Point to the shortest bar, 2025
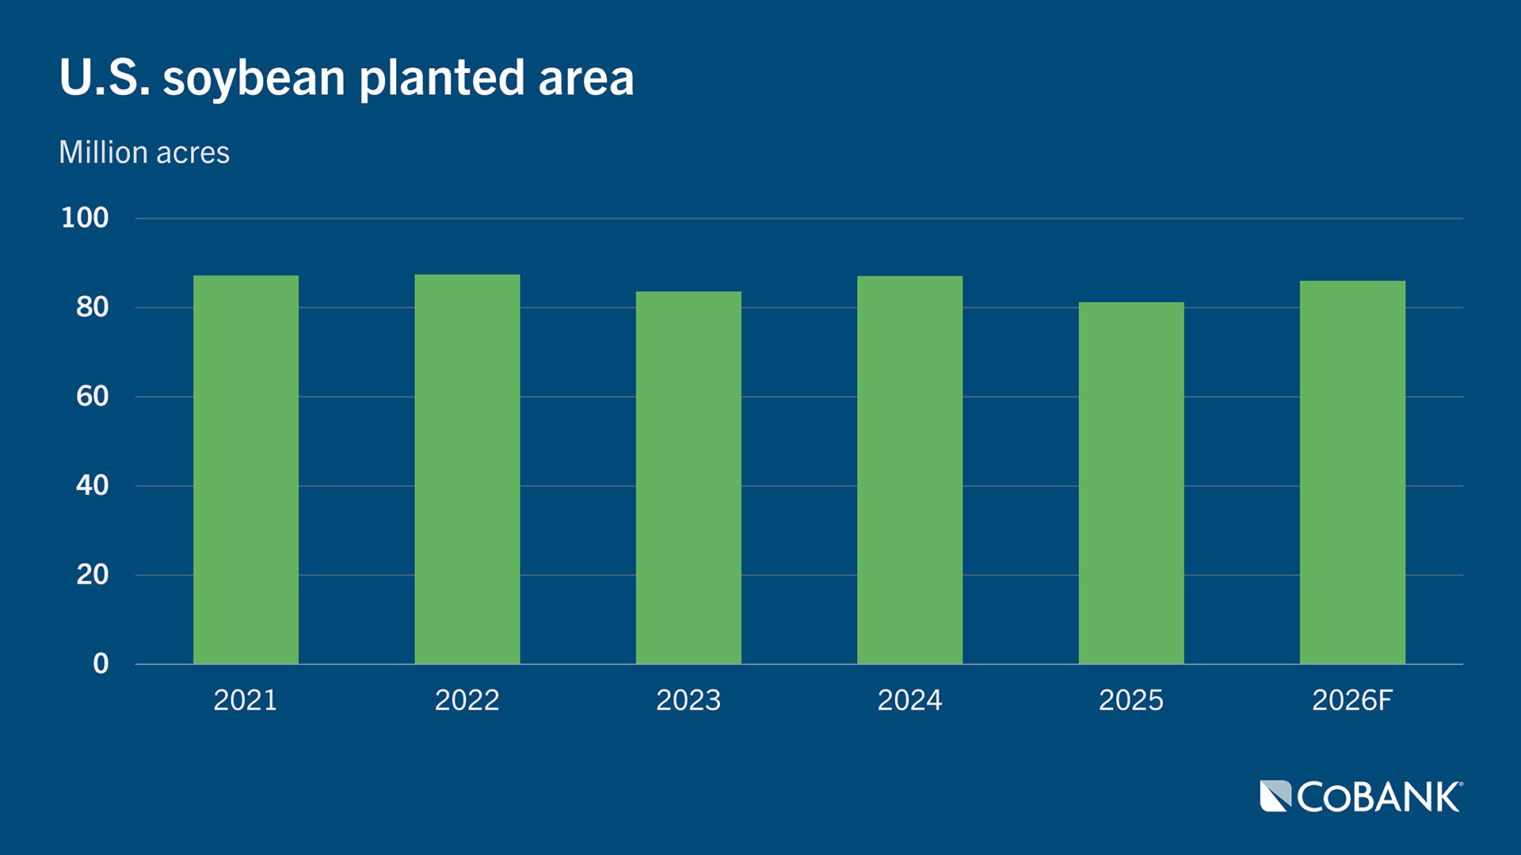pos(1131,483)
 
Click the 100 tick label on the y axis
pos(85,218)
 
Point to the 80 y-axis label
pos(92,307)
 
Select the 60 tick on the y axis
pos(92,396)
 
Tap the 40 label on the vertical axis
pos(92,485)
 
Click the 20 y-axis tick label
pos(92,575)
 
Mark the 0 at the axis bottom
pos(101,663)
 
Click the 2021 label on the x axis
pos(246,700)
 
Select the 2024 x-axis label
pos(909,700)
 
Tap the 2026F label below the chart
pos(1352,700)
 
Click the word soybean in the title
pos(253,79)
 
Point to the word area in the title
pos(586,79)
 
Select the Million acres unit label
pos(144,152)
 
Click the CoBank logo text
pos(1378,797)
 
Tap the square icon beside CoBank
pos(1275,796)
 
